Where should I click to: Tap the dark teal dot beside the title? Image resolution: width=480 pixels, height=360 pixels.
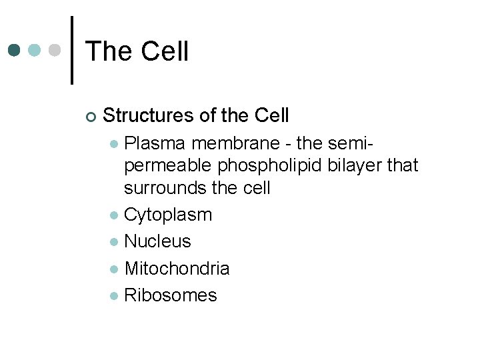[15, 51]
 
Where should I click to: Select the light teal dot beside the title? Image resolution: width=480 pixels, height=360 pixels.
[35, 51]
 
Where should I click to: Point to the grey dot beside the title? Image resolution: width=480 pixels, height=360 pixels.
[56, 51]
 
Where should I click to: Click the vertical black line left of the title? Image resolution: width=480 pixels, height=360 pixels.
[72, 50]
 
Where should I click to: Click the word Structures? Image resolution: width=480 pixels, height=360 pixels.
[149, 116]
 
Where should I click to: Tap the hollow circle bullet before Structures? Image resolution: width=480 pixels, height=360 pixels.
[91, 117]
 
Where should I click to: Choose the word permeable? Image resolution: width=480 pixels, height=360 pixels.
[167, 165]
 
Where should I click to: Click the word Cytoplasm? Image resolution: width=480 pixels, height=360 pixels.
[168, 215]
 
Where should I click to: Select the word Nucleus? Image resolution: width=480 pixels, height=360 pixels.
[157, 241]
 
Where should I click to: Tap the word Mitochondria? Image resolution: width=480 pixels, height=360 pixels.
[177, 269]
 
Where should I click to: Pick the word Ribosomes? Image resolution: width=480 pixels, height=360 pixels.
[171, 295]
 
